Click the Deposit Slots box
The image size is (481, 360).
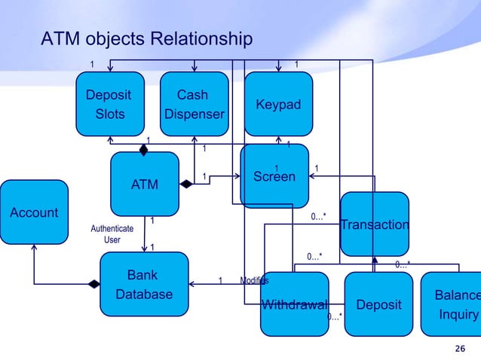109,104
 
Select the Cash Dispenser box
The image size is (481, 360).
195,104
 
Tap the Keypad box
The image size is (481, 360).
278,104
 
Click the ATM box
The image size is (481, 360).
145,183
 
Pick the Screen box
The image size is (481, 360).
274,176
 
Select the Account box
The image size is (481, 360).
34,212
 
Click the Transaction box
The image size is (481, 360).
375,224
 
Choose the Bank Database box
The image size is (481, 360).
143,284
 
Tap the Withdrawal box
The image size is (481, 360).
294,304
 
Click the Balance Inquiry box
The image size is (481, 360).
452,304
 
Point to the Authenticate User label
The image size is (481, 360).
112,233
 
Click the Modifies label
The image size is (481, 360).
253,281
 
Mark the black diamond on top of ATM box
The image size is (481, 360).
142,148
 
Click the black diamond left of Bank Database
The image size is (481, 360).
93,284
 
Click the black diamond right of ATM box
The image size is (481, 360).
185,183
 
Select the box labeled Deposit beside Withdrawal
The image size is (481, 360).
378,304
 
